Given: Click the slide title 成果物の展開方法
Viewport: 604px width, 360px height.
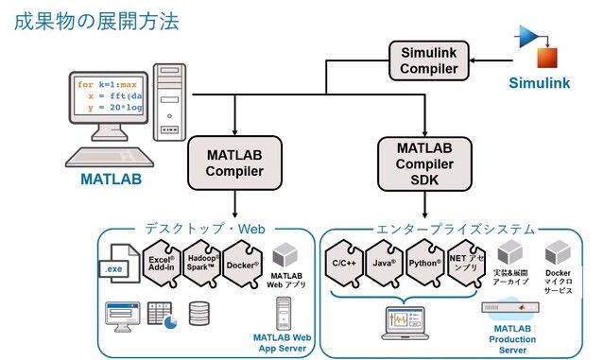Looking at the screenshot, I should pyautogui.click(x=95, y=21).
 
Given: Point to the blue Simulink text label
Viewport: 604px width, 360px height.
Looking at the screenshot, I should pyautogui.click(x=540, y=83).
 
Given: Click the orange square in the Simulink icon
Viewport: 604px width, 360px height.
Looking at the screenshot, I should pyautogui.click(x=548, y=57).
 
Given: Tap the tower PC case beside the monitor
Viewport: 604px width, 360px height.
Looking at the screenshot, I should pyautogui.click(x=170, y=101).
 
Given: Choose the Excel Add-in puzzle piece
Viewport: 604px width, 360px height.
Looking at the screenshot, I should pyautogui.click(x=162, y=263).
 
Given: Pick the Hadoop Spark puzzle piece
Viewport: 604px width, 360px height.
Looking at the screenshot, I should pyautogui.click(x=202, y=263).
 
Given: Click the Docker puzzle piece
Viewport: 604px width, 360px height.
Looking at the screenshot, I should pyautogui.click(x=243, y=263).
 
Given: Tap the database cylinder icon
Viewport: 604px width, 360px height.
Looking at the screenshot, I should pyautogui.click(x=198, y=313).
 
